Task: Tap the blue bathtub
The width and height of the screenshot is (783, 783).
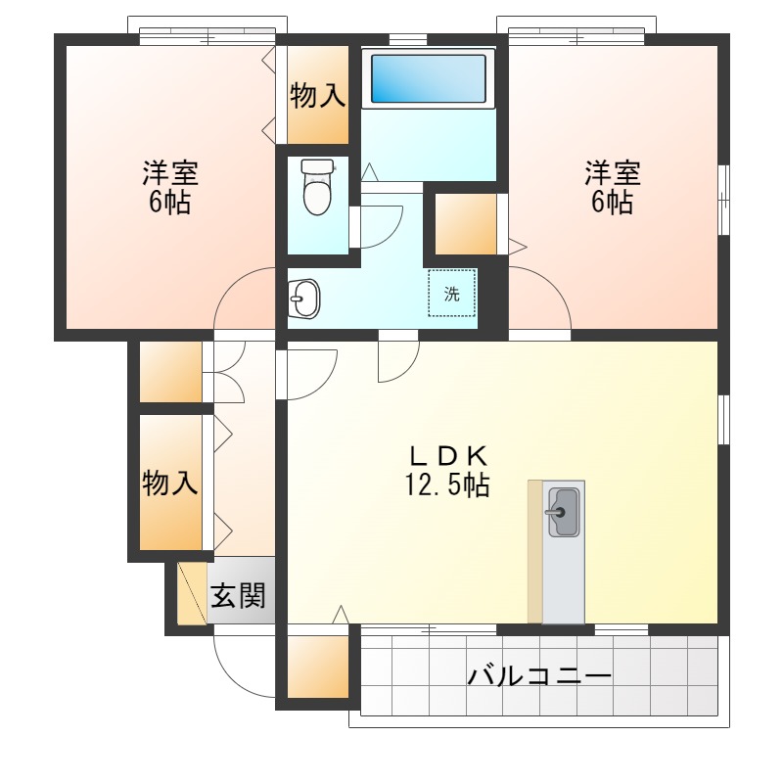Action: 427,78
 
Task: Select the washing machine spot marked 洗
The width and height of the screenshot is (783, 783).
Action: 451,293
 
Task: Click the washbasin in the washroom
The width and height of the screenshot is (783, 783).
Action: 304,299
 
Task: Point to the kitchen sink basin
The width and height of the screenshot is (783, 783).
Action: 563,513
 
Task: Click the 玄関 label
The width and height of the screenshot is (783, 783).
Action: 239,594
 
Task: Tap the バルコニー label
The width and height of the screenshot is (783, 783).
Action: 539,676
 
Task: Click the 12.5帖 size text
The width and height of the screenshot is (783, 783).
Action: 447,484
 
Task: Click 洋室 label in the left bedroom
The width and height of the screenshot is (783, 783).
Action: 170,174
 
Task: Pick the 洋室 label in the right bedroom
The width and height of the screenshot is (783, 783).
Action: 613,173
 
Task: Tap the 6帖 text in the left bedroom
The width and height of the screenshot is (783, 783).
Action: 170,204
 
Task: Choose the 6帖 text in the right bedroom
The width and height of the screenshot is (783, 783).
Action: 613,203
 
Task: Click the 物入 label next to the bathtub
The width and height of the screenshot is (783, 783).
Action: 318,95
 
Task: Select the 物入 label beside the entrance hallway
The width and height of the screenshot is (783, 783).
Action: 170,483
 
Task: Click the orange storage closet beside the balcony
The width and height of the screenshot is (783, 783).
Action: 318,668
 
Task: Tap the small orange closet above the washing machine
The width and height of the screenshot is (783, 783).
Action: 465,225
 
